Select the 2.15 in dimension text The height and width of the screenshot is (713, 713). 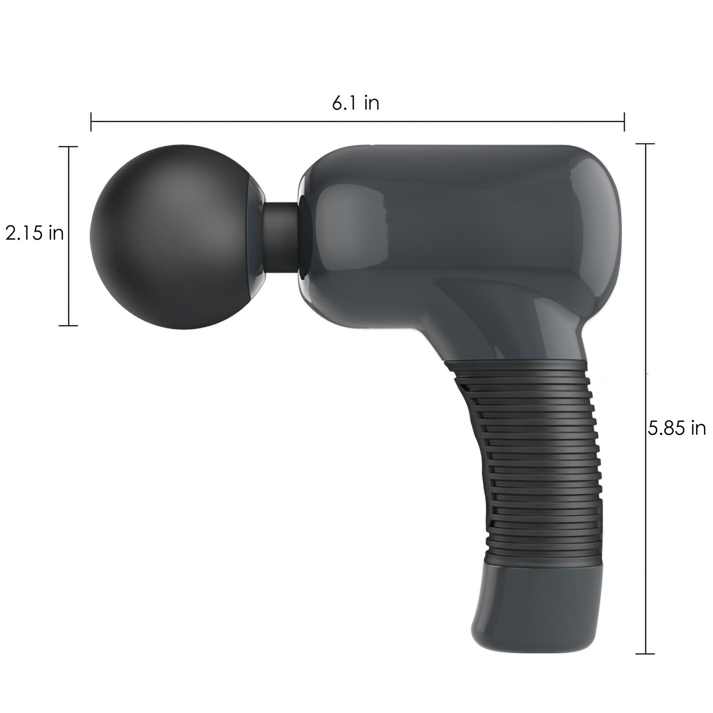tap(34, 233)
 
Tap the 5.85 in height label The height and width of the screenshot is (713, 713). tap(676, 428)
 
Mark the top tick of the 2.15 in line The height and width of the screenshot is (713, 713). tap(68, 147)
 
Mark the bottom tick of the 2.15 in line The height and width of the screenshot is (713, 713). tap(68, 325)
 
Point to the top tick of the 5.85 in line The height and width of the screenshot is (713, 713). tap(645, 144)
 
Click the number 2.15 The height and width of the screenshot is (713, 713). tap(24, 233)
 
